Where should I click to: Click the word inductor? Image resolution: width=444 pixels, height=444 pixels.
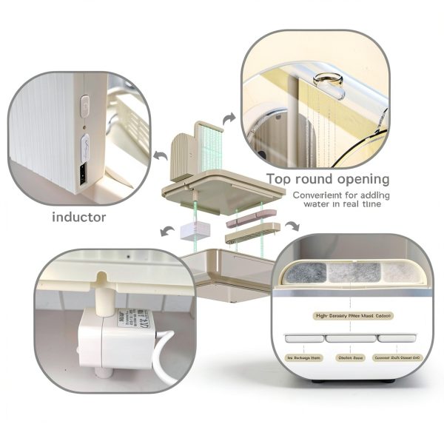coord(78,217)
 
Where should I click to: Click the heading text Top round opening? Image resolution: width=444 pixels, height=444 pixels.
coord(328,178)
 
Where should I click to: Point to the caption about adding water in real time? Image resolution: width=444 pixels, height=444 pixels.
coord(337,199)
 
